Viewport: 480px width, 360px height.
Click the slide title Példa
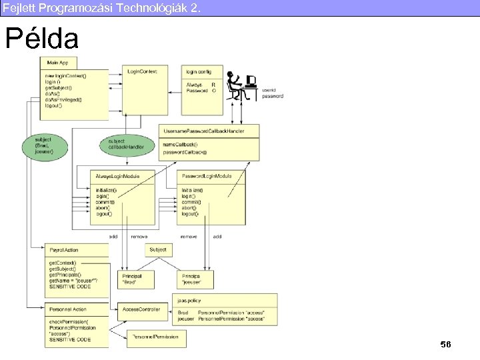(41, 39)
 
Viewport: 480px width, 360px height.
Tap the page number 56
(445, 344)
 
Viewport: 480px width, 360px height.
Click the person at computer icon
(241, 86)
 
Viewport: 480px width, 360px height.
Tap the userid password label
(272, 93)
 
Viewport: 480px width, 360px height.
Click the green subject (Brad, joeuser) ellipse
(43, 146)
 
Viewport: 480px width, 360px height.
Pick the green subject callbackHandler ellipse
(125, 144)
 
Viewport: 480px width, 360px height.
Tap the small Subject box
(159, 250)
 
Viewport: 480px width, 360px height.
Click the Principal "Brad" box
(136, 279)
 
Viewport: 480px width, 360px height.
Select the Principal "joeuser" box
(194, 279)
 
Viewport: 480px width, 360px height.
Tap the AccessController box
(141, 309)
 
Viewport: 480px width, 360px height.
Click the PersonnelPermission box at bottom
(157, 337)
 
